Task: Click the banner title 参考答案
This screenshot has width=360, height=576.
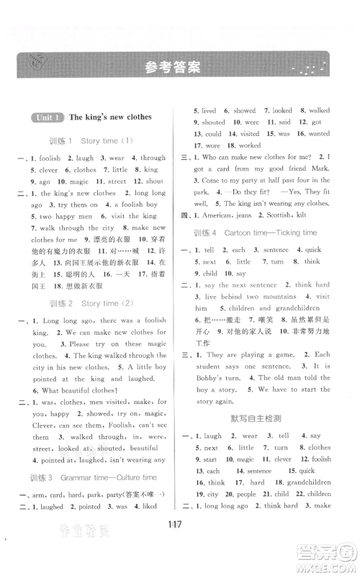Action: pyautogui.click(x=171, y=68)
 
